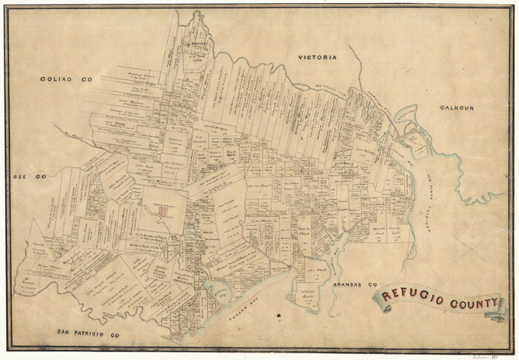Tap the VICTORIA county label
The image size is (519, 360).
point(317,57)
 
